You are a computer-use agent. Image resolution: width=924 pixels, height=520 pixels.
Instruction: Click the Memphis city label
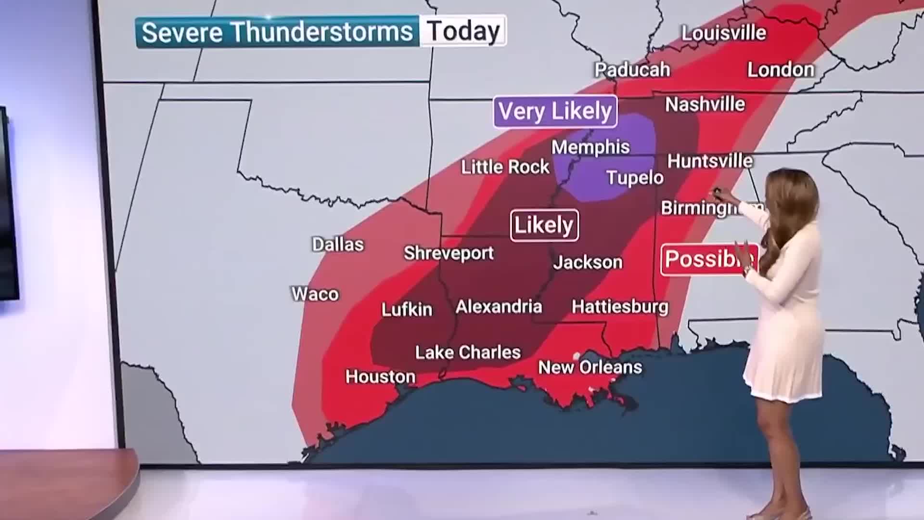point(590,147)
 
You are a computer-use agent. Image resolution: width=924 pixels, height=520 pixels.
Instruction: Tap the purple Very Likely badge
point(555,112)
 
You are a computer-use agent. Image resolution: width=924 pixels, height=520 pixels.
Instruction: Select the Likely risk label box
point(544,225)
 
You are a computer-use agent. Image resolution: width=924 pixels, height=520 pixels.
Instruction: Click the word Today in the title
point(463,31)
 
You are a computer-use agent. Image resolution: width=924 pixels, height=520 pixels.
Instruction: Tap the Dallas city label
point(338,244)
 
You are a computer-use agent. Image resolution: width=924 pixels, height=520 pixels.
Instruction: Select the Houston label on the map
point(380,376)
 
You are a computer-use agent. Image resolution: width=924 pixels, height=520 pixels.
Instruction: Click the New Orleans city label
point(590,367)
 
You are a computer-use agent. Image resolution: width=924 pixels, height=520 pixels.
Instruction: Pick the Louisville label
point(723,33)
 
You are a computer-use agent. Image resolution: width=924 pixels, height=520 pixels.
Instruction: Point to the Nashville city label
point(705,104)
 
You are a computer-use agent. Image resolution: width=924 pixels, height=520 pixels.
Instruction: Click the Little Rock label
point(505,167)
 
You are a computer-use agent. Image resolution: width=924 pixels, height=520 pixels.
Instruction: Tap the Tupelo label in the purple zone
point(635,178)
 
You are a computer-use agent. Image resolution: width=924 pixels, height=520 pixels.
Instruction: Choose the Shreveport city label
point(449,253)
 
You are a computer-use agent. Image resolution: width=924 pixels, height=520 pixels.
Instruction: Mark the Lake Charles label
point(468,352)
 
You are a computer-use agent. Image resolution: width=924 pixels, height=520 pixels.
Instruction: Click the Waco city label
point(315,294)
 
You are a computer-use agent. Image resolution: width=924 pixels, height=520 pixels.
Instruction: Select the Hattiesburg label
point(620,306)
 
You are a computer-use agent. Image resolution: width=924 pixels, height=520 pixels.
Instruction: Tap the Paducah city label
point(632,70)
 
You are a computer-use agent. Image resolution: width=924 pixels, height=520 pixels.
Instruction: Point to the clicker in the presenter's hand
point(717,193)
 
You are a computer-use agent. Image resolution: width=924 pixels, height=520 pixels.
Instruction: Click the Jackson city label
point(588,262)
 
